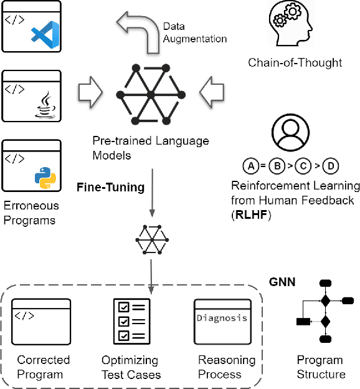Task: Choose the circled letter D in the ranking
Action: click(x=333, y=166)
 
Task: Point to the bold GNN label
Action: click(x=282, y=282)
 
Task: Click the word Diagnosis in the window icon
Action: click(x=222, y=318)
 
